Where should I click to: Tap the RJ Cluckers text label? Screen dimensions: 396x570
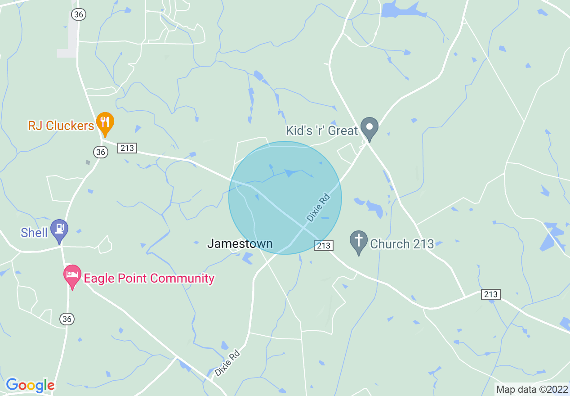point(61,126)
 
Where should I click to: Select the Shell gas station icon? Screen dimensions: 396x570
point(59,229)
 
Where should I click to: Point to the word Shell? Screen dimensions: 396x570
point(34,233)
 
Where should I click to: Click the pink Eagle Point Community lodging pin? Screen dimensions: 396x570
point(72,275)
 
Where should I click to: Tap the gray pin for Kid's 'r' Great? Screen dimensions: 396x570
point(370,128)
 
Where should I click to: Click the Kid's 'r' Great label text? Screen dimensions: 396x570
point(322,130)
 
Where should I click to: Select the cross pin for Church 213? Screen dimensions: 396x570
point(358,241)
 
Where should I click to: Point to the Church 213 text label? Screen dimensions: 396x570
point(402,244)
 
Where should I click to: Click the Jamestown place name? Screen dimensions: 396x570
point(240,244)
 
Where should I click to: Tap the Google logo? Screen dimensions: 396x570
point(30,385)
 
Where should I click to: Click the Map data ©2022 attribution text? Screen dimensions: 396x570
point(532,389)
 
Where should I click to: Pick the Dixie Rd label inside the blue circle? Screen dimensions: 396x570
point(318,207)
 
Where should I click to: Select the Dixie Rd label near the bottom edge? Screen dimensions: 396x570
point(227,363)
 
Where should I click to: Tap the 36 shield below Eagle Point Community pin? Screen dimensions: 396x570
point(67,319)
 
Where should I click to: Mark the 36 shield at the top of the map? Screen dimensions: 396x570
point(78,14)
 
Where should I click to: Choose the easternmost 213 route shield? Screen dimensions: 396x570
point(490,294)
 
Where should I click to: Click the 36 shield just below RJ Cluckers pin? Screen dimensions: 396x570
point(101,152)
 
